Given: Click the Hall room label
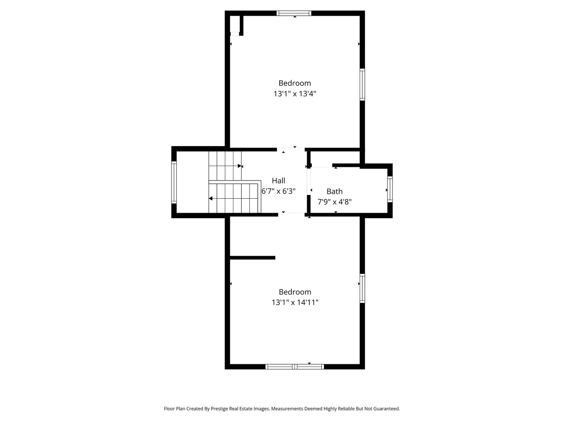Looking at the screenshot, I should pyautogui.click(x=278, y=181).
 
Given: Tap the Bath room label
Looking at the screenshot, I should pyautogui.click(x=334, y=191).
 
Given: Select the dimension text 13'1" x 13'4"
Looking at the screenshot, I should pyautogui.click(x=295, y=94).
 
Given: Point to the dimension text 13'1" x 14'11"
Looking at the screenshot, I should pyautogui.click(x=295, y=302).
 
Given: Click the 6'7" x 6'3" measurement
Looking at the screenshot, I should pyautogui.click(x=278, y=191).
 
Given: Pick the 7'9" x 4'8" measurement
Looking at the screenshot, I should pyautogui.click(x=334, y=202).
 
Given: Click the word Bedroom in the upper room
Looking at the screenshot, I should pyautogui.click(x=295, y=83).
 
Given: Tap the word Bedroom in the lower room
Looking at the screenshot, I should pyautogui.click(x=295, y=292).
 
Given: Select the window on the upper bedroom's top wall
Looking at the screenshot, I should pyautogui.click(x=294, y=13).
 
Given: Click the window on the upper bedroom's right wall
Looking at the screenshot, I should pyautogui.click(x=362, y=85).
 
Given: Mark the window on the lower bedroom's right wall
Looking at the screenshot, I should pyautogui.click(x=362, y=288).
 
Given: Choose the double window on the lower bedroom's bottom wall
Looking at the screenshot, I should pyautogui.click(x=295, y=367).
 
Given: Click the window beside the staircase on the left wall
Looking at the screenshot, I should pyautogui.click(x=174, y=183).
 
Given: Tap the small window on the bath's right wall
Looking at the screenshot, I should pyautogui.click(x=390, y=190).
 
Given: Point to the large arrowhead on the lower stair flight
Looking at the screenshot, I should pyautogui.click(x=211, y=199).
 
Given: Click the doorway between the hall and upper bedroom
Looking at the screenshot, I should pyautogui.click(x=291, y=149).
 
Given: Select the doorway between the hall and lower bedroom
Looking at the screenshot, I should pyautogui.click(x=292, y=215).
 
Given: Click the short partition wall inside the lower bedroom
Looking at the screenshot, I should pyautogui.click(x=253, y=257).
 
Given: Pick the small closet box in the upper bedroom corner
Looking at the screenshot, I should pyautogui.click(x=235, y=25).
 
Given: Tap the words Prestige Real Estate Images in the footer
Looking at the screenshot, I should pyautogui.click(x=240, y=409).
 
